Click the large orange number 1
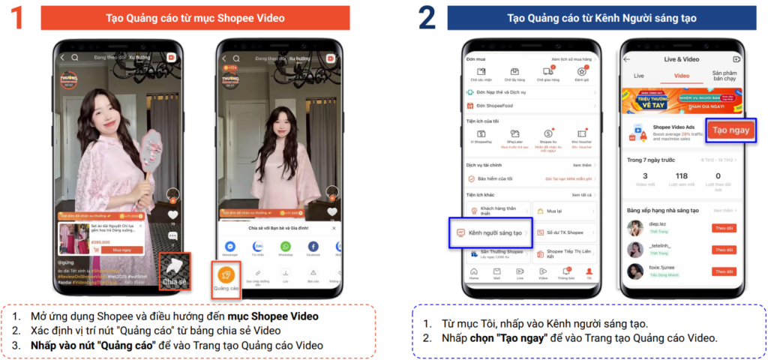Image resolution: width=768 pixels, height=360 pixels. [17, 19]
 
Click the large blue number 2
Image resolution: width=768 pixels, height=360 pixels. [427, 19]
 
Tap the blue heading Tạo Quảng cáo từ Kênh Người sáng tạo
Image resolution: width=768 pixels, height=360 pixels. [601, 17]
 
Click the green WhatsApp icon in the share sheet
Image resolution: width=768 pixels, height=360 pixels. [285, 247]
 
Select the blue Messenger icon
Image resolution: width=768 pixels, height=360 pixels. [230, 247]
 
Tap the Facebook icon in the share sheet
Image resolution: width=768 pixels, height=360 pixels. [313, 247]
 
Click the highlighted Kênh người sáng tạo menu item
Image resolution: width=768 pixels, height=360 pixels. [490, 232]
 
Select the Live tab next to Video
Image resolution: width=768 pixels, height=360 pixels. [639, 76]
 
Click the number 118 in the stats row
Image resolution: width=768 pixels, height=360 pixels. [682, 176]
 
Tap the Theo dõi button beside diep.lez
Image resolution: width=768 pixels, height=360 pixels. [724, 227]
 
